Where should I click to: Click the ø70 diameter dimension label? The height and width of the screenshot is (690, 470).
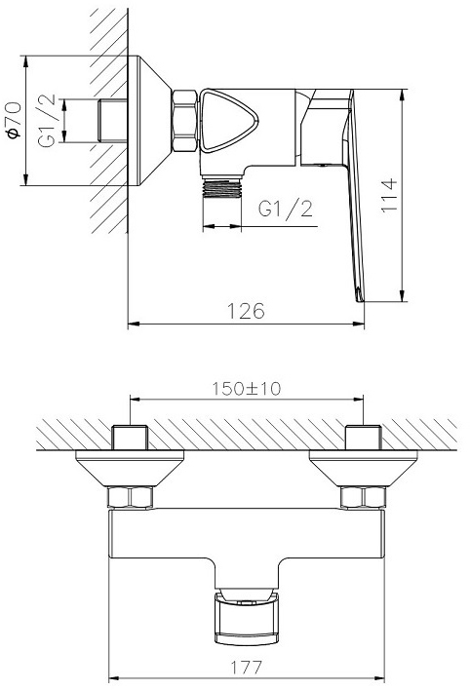14,120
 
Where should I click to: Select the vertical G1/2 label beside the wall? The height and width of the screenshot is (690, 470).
47,120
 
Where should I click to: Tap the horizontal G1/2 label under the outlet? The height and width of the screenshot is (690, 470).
286,208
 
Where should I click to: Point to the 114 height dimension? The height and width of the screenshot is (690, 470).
388,195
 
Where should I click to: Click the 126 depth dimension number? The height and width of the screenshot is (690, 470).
246,311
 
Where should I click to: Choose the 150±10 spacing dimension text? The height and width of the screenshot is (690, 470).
247,389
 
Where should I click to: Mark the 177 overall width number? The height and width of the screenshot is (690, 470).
247,668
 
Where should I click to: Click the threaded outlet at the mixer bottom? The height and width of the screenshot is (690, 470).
222,188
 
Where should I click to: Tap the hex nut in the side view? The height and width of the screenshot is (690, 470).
184,121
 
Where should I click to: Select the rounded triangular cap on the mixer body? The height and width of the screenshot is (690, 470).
228,121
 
